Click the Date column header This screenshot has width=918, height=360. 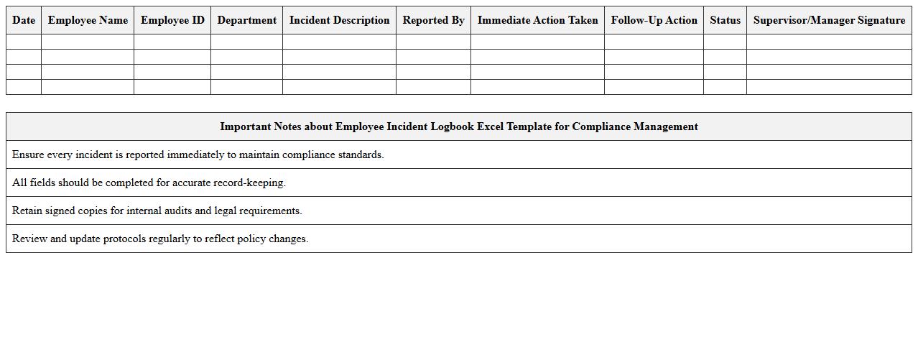click(x=24, y=20)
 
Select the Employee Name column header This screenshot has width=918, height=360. click(x=88, y=20)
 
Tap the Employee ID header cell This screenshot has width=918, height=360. click(x=172, y=20)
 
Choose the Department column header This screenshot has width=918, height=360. click(x=246, y=20)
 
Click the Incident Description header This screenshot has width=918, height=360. click(x=339, y=20)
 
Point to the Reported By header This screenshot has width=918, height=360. click(x=433, y=20)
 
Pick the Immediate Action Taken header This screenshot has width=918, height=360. click(x=537, y=20)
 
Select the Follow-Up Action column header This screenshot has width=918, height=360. click(x=654, y=20)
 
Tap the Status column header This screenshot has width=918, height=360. click(x=725, y=20)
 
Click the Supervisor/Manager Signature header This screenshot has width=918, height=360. click(x=829, y=20)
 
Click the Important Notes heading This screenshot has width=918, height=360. click(x=458, y=126)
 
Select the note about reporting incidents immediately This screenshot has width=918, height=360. click(x=198, y=154)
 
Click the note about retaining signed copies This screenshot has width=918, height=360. click(x=157, y=211)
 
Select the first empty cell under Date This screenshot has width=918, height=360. click(x=24, y=42)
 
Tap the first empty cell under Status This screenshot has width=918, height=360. click(x=725, y=42)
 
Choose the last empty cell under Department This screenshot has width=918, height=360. click(x=246, y=87)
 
